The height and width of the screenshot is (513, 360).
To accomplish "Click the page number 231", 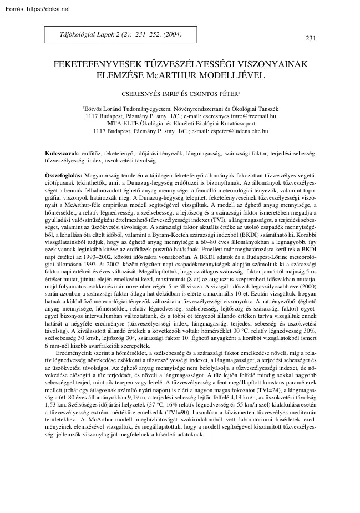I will pos(311,38).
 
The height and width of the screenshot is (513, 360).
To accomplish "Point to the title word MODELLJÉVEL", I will pos(247,74).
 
